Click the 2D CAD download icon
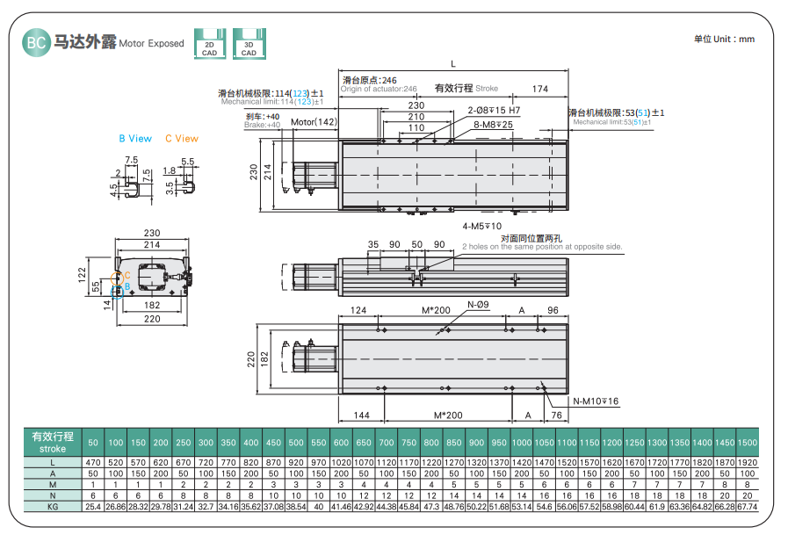[x=209, y=44]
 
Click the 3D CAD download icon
[x=249, y=44]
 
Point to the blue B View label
[x=135, y=139]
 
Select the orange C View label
[x=182, y=139]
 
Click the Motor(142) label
[x=314, y=122]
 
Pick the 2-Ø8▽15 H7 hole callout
[x=494, y=111]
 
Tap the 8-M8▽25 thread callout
[x=494, y=125]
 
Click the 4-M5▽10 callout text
[x=481, y=226]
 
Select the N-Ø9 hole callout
[x=478, y=305]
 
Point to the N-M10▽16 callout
[x=596, y=401]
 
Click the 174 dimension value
[x=540, y=89]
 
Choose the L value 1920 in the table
[x=748, y=461]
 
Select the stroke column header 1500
[x=748, y=442]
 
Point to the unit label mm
[x=746, y=40]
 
